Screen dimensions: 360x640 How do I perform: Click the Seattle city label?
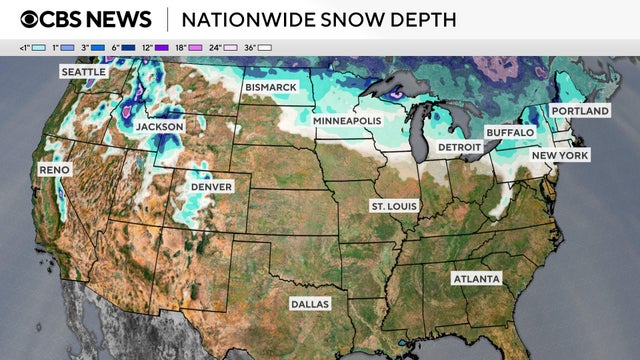point(84,72)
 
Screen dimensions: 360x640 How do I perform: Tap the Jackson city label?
point(160,128)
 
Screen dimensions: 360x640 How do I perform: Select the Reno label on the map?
point(54,171)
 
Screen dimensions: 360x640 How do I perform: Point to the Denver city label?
point(211,187)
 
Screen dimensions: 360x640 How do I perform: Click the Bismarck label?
point(271,88)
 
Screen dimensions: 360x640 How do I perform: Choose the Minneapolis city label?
point(347,121)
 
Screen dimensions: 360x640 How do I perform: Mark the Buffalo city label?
point(510,132)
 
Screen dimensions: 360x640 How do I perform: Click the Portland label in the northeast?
point(579,110)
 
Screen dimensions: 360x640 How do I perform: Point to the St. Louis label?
point(395,206)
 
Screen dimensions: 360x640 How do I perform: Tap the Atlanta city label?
point(476,278)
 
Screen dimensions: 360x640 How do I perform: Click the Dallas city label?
point(309,303)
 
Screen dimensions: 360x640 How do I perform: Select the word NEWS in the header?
point(117,19)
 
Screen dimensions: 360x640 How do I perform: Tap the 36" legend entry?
point(259,47)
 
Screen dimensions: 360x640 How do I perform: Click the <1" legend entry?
point(29,47)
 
